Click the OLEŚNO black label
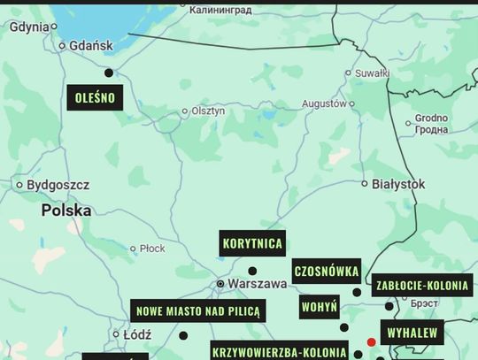pos(95,97)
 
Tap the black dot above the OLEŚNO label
pos(109,73)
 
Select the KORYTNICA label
pos(253,243)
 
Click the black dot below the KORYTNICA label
pos(252,271)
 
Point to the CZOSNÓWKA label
pos(327,272)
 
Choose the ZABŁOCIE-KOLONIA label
pos(422,286)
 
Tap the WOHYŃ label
pos(319,308)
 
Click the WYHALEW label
pos(412,333)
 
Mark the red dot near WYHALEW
pos(372,341)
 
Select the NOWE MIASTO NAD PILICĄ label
pos(197,310)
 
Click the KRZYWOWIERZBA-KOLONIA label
pos(280,351)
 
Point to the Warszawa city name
pos(257,284)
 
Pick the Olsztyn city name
pos(208,111)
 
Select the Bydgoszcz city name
pos(58,185)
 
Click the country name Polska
pos(66,211)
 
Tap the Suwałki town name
pos(372,73)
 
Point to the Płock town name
pos(152,249)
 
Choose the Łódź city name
pos(137,334)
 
